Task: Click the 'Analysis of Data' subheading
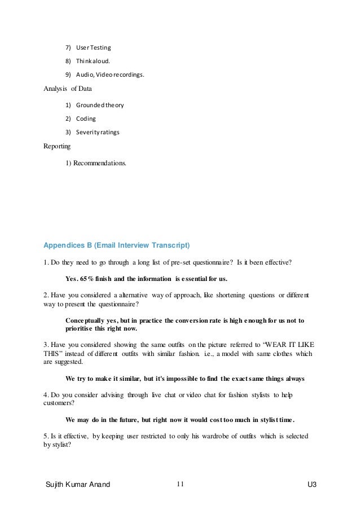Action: click(x=68, y=89)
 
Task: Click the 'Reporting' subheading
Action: click(x=57, y=147)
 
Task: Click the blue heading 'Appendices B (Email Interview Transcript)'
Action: click(x=117, y=245)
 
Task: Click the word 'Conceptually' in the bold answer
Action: click(x=90, y=320)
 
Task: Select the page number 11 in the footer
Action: click(x=181, y=483)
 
